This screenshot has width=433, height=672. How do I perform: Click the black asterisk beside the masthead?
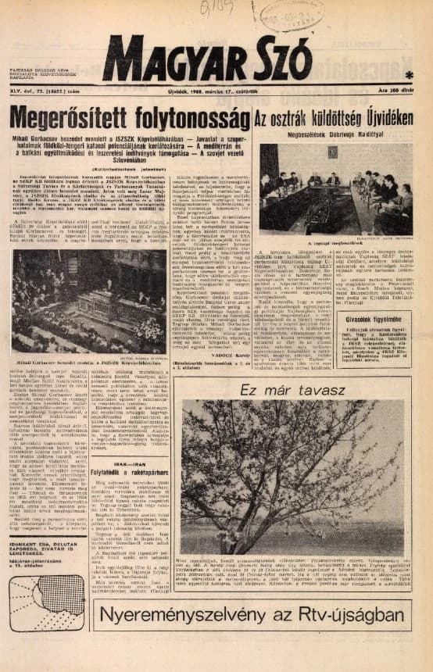(409, 75)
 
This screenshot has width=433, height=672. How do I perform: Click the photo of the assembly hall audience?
(88, 289)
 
